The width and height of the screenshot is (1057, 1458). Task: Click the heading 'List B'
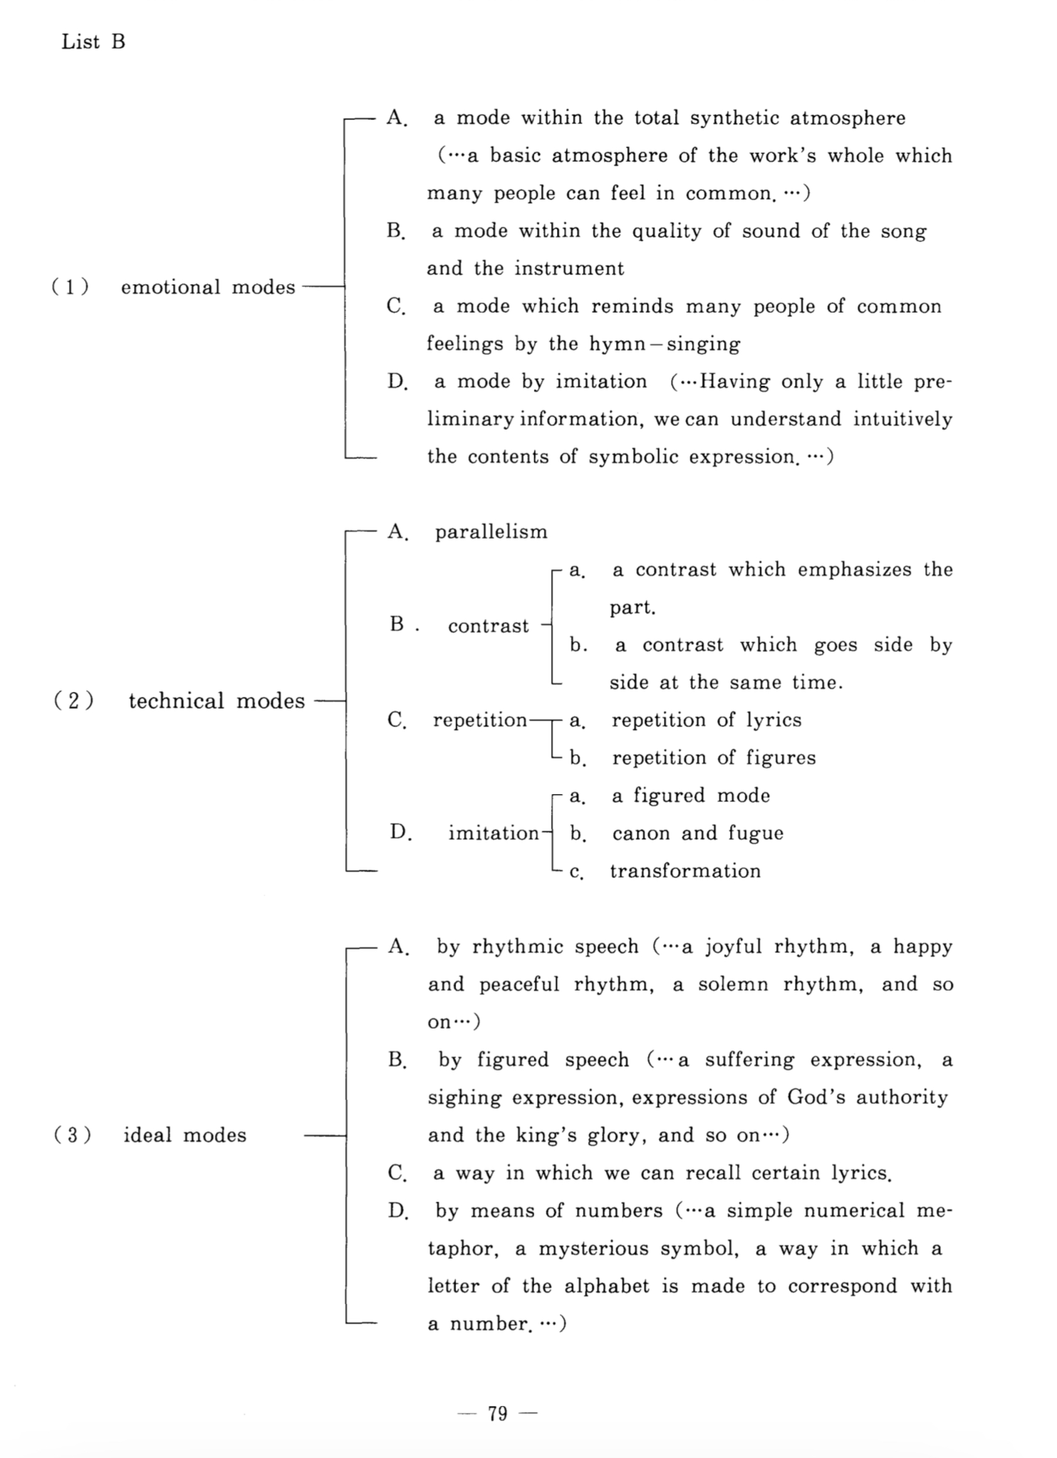click(x=93, y=42)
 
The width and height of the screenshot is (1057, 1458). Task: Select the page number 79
click(x=498, y=1412)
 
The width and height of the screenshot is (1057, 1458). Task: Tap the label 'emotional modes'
click(x=208, y=287)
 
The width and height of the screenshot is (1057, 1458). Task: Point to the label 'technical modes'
click(x=217, y=701)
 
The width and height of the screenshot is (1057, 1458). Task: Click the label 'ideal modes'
click(x=185, y=1135)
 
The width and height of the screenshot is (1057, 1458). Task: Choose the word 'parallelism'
click(x=491, y=532)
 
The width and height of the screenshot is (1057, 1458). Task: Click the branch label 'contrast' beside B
click(x=489, y=626)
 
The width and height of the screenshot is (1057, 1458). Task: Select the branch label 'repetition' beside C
click(x=480, y=720)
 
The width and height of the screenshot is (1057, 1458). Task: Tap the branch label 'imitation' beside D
click(x=494, y=833)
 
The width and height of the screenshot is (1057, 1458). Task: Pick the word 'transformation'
click(x=685, y=870)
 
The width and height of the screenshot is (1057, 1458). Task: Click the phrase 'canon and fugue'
click(x=697, y=833)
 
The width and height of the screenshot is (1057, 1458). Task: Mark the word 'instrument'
click(x=569, y=269)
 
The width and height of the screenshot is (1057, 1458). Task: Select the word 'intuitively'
click(x=902, y=419)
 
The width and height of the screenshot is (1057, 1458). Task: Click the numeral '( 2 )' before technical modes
click(x=73, y=701)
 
